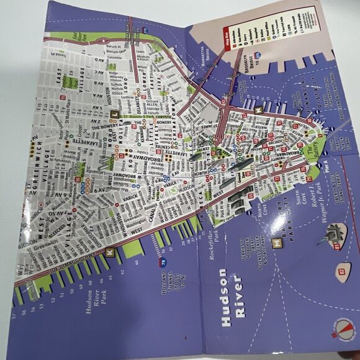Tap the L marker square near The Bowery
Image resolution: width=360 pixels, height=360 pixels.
(114, 114)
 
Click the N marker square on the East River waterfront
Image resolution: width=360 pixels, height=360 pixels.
(256, 110)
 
